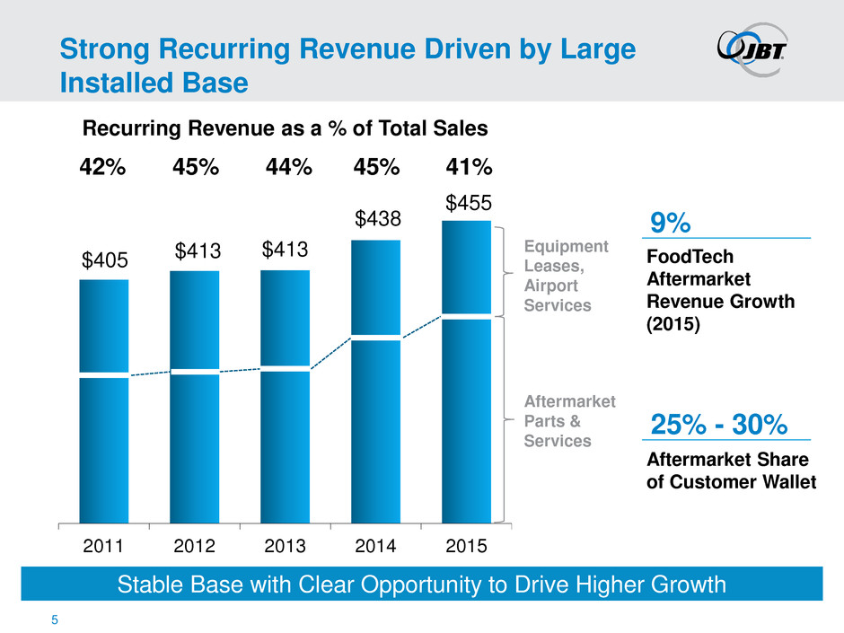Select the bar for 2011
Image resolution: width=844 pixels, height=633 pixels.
[103, 400]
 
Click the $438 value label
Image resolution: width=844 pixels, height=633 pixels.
[376, 218]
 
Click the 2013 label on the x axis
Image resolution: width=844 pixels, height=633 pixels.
[285, 545]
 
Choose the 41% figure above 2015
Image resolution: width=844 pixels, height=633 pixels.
[470, 168]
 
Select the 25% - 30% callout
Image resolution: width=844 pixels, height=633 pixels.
[716, 423]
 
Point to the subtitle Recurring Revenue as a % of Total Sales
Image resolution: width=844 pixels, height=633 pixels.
[286, 128]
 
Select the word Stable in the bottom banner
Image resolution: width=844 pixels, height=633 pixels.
[156, 585]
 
